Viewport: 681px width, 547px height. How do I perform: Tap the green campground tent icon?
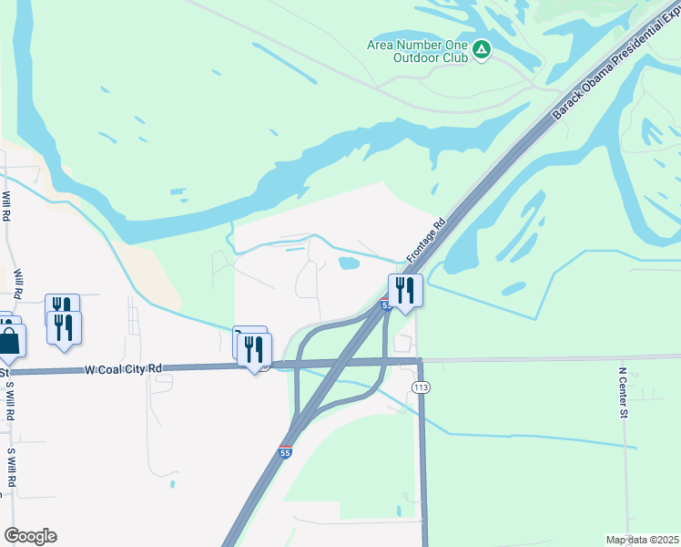coord(482,50)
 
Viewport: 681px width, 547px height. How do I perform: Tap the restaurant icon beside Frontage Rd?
coord(405,291)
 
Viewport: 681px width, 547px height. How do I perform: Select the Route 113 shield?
coord(421,387)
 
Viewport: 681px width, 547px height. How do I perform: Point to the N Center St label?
coord(624,393)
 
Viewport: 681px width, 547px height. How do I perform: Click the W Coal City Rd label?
coord(122,369)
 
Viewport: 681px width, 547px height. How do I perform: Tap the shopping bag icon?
coord(10,343)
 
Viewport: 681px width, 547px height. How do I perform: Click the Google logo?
coord(30,536)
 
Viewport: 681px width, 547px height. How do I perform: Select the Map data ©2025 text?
coord(642,540)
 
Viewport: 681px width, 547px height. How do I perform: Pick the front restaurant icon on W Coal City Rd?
coord(254,349)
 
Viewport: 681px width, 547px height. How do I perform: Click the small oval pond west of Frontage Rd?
coord(348,263)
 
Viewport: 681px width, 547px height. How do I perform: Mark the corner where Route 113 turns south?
coord(421,362)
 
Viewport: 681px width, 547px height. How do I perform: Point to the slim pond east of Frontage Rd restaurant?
coord(513,289)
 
